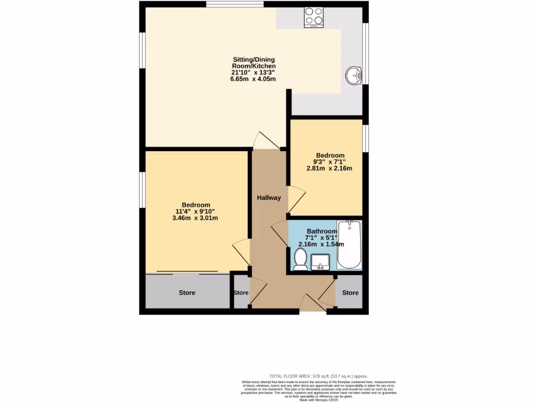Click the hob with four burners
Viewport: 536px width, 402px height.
314,17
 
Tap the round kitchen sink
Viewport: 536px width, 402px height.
354,75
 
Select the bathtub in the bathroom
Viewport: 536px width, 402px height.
349,244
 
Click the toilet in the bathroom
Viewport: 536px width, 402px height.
300,259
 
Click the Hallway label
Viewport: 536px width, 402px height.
269,198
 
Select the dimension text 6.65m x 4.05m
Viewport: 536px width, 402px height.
253,79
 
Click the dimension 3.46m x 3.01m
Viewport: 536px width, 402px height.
196,218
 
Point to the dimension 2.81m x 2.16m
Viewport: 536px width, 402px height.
329,169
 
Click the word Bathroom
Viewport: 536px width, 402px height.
322,231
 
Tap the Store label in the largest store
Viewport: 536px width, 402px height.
187,293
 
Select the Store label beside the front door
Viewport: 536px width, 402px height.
351,293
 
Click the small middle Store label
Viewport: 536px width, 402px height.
241,293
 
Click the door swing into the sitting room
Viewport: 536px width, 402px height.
265,140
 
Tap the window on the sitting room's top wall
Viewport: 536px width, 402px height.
234,5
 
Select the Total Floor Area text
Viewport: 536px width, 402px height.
319,376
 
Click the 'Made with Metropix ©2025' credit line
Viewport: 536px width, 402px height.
319,400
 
